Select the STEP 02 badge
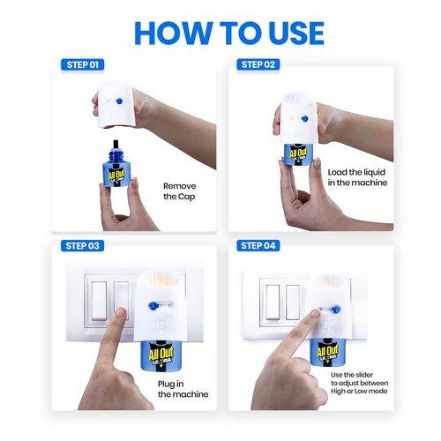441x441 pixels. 258,64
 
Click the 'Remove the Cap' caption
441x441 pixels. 180,191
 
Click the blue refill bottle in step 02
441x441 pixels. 308,167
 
